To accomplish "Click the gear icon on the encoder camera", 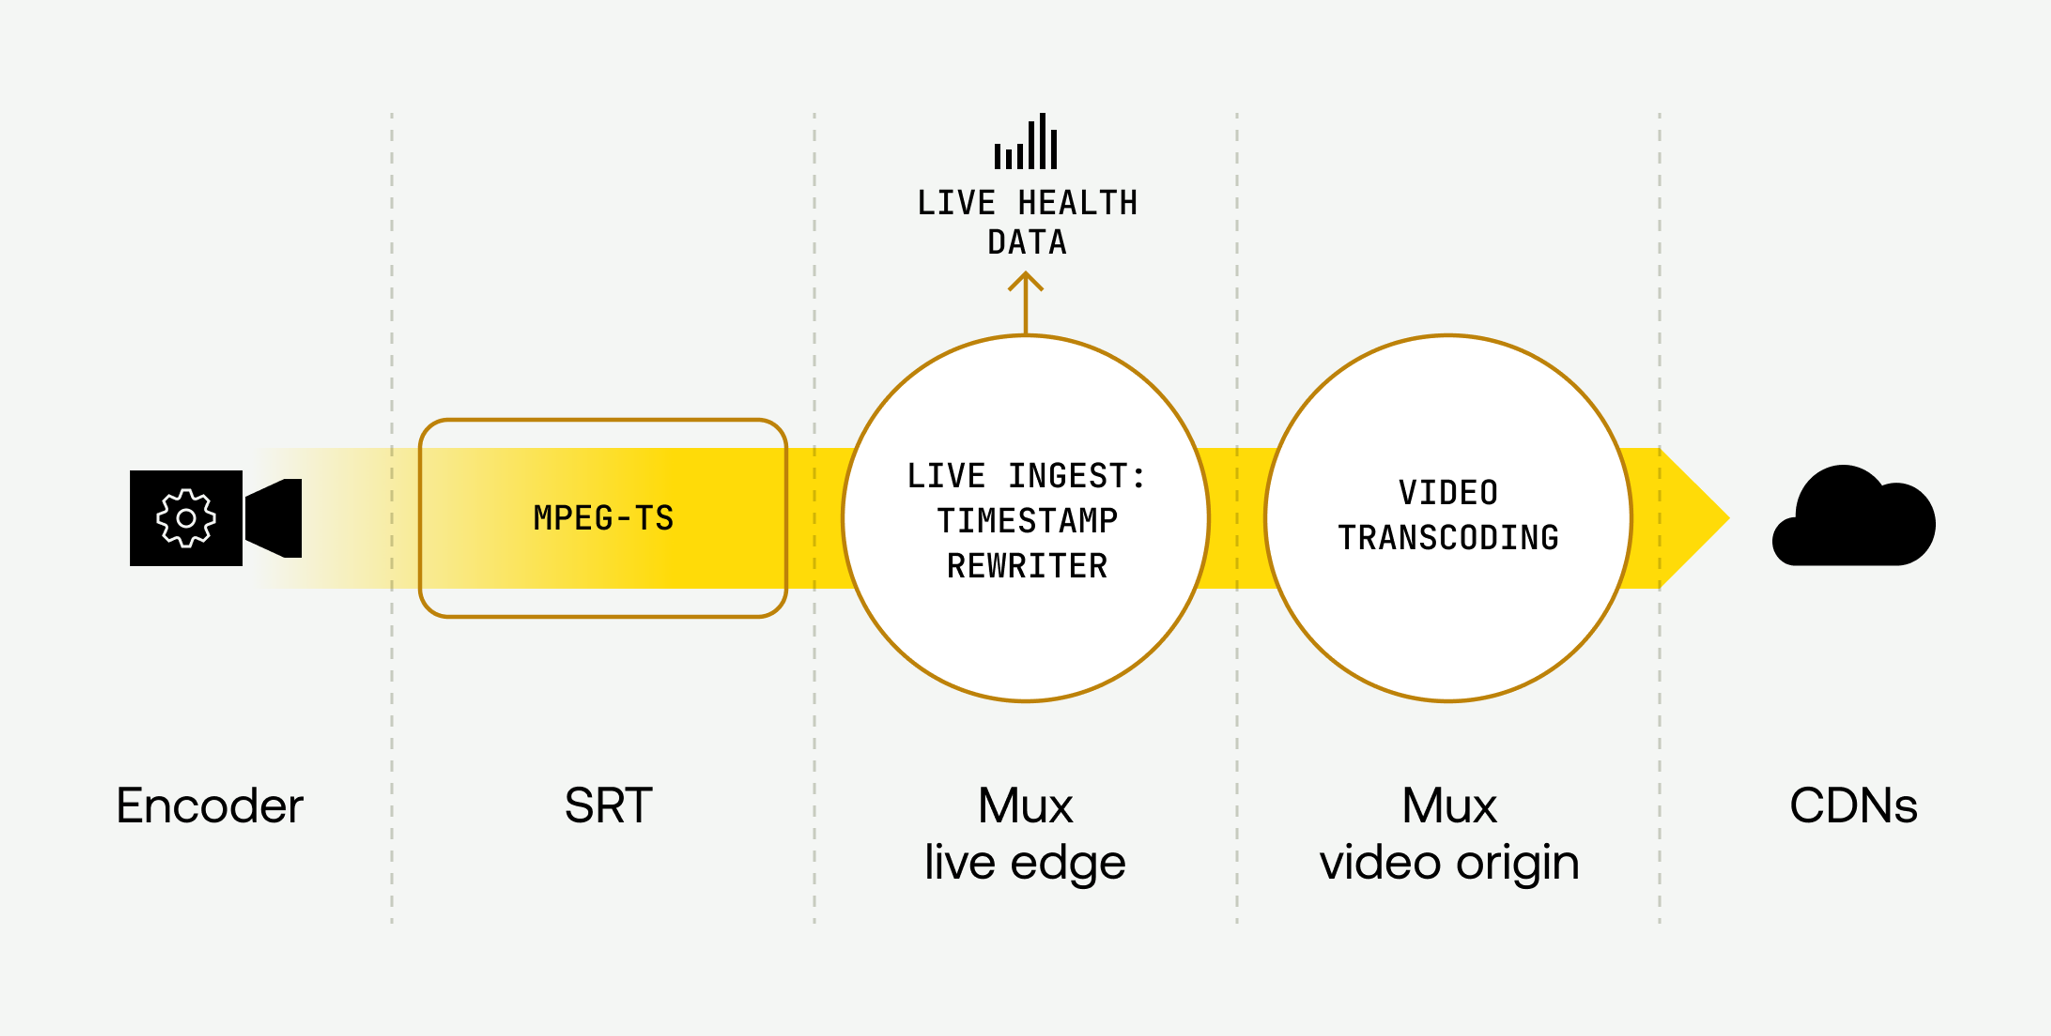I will (185, 518).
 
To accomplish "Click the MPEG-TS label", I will (604, 518).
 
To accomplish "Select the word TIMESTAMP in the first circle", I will (1027, 521).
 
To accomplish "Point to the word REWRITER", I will (1027, 566).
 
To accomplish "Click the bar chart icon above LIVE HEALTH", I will (1025, 143).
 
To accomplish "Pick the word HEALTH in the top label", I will (1078, 203).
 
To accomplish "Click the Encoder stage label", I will (209, 805).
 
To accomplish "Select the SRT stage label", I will (608, 805).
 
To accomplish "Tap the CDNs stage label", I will (1853, 805).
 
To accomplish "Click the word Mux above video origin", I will (1449, 805).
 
